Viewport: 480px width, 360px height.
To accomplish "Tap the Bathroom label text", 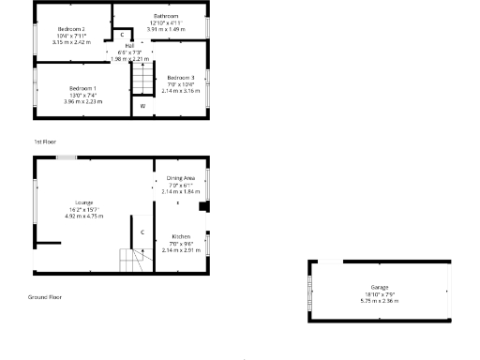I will pos(166,16).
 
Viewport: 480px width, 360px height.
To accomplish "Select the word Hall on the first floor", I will pos(129,45).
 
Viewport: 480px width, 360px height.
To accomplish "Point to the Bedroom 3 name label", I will pos(180,77).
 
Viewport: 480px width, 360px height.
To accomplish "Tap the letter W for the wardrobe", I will pos(143,106).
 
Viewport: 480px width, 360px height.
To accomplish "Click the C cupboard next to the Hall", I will pos(122,34).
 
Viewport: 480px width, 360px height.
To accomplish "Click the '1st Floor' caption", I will pos(45,142).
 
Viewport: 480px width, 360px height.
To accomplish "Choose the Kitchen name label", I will pos(181,237).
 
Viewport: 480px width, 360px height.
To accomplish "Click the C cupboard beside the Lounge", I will pos(142,231).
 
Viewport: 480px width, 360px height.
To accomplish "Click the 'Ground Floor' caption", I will pos(45,297).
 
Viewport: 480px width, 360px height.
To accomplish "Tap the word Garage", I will pos(379,288).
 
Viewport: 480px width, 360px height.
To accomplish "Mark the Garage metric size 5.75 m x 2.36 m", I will pos(379,301).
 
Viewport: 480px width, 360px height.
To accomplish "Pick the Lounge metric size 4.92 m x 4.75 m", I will pos(83,216).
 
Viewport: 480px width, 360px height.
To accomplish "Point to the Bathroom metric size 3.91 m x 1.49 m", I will pos(166,29).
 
